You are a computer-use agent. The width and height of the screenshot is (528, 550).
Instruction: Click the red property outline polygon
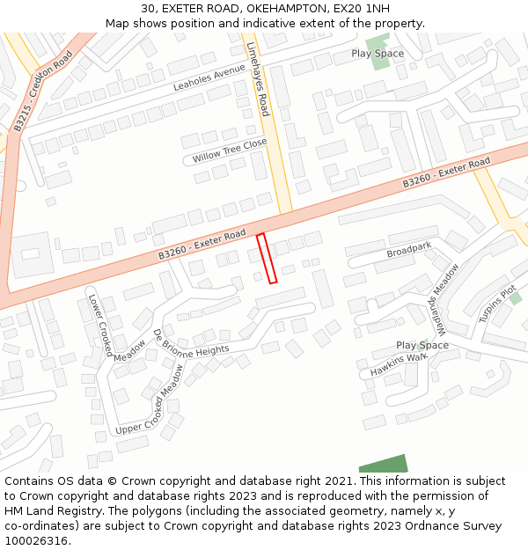click(267, 258)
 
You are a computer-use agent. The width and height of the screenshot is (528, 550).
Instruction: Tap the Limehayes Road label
click(258, 78)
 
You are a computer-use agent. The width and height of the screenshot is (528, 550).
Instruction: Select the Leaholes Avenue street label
click(209, 77)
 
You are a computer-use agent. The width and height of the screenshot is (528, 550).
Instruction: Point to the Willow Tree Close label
click(230, 150)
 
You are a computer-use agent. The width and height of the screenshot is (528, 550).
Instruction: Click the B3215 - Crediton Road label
click(42, 92)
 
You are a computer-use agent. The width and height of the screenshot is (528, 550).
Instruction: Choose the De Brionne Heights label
click(191, 342)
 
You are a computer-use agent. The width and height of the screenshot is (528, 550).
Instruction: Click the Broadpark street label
click(409, 251)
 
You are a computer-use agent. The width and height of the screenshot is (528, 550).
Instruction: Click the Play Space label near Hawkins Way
click(422, 345)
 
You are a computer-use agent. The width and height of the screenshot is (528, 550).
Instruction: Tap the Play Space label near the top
click(378, 53)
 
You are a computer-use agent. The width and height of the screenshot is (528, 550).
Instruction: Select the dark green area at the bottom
click(384, 464)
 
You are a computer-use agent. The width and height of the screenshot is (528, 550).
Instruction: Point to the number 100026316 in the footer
click(35, 540)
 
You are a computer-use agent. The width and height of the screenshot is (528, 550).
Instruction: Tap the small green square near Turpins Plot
click(515, 298)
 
